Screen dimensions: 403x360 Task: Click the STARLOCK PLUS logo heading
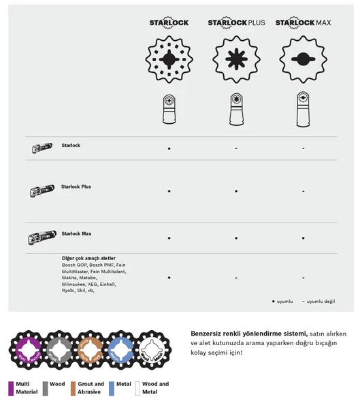[x=235, y=23]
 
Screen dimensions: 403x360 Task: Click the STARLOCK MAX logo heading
[x=303, y=23]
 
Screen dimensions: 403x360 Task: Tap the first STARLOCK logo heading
[x=169, y=23]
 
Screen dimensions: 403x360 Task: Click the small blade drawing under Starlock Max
[x=303, y=110]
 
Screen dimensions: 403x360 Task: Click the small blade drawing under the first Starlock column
[x=169, y=110]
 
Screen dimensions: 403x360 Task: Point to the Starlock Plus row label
[x=76, y=187]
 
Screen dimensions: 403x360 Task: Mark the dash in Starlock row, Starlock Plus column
[x=236, y=148]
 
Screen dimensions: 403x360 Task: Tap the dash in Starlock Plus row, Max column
[x=303, y=192]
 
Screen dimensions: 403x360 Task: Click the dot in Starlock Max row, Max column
[x=303, y=238]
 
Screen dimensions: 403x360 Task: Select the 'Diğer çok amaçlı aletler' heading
[x=89, y=259]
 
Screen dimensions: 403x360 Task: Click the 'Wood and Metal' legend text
[x=155, y=388]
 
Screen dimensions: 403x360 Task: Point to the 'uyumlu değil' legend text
[x=321, y=301]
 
